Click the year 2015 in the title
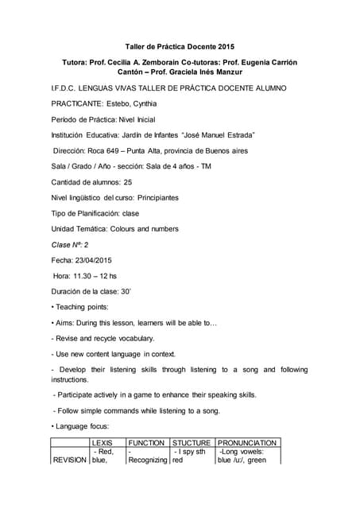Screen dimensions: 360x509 point(225,47)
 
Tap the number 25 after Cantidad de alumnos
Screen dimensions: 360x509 point(127,182)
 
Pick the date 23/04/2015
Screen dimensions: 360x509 point(94,260)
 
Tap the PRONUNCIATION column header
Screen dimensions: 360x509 point(247,442)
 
